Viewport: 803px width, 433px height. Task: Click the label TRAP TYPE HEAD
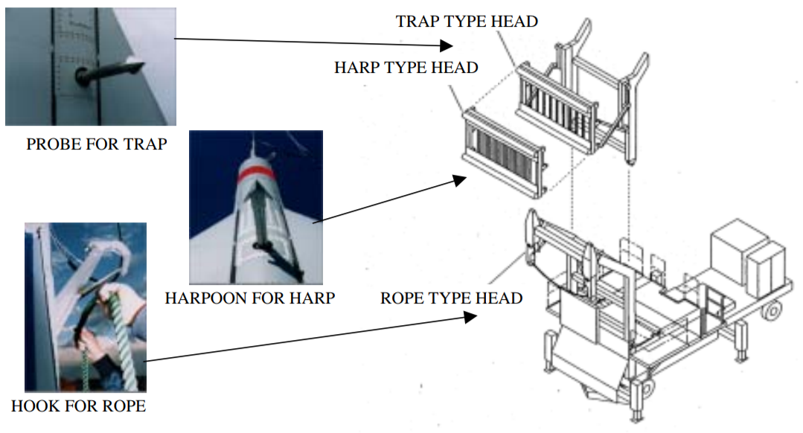[466, 21]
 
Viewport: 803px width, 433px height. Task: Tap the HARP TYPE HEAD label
[406, 68]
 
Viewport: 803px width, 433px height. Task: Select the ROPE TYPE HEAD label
[451, 298]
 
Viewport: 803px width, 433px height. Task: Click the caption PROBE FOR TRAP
[96, 144]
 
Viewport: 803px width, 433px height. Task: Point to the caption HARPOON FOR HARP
[249, 298]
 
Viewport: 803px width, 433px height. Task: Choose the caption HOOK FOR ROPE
[78, 406]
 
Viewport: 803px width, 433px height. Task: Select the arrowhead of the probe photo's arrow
[447, 46]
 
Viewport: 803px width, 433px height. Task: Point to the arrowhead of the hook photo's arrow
[470, 316]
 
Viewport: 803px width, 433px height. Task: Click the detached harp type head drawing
[505, 153]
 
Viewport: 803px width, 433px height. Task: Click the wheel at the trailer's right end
[774, 307]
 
